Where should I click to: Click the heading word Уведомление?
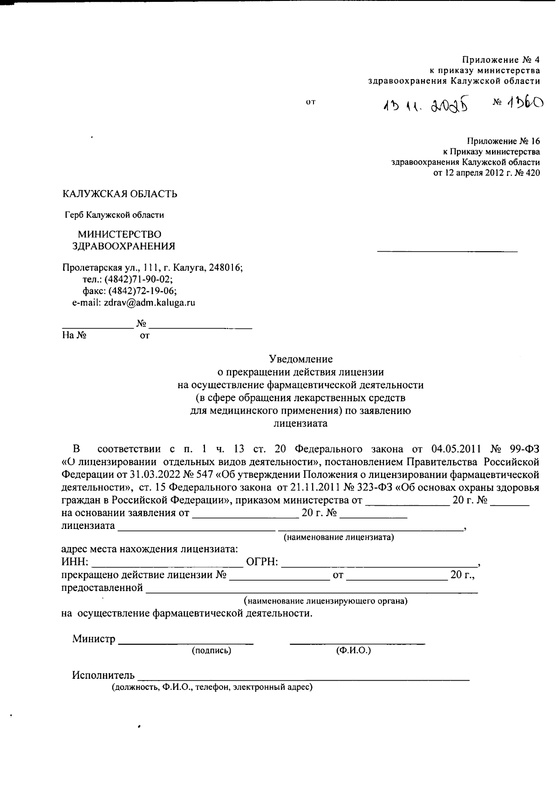[x=300, y=359]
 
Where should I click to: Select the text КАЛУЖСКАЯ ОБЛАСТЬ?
[x=120, y=194]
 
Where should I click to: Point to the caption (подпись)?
[x=211, y=650]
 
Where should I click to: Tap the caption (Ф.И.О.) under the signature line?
[x=353, y=650]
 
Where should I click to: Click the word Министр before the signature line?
[x=94, y=639]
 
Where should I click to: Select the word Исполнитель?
[x=103, y=675]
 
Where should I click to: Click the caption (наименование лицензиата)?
[x=339, y=537]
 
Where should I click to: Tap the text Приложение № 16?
[x=503, y=141]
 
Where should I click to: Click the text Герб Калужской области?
[x=114, y=215]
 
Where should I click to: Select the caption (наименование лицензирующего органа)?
[x=326, y=601]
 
